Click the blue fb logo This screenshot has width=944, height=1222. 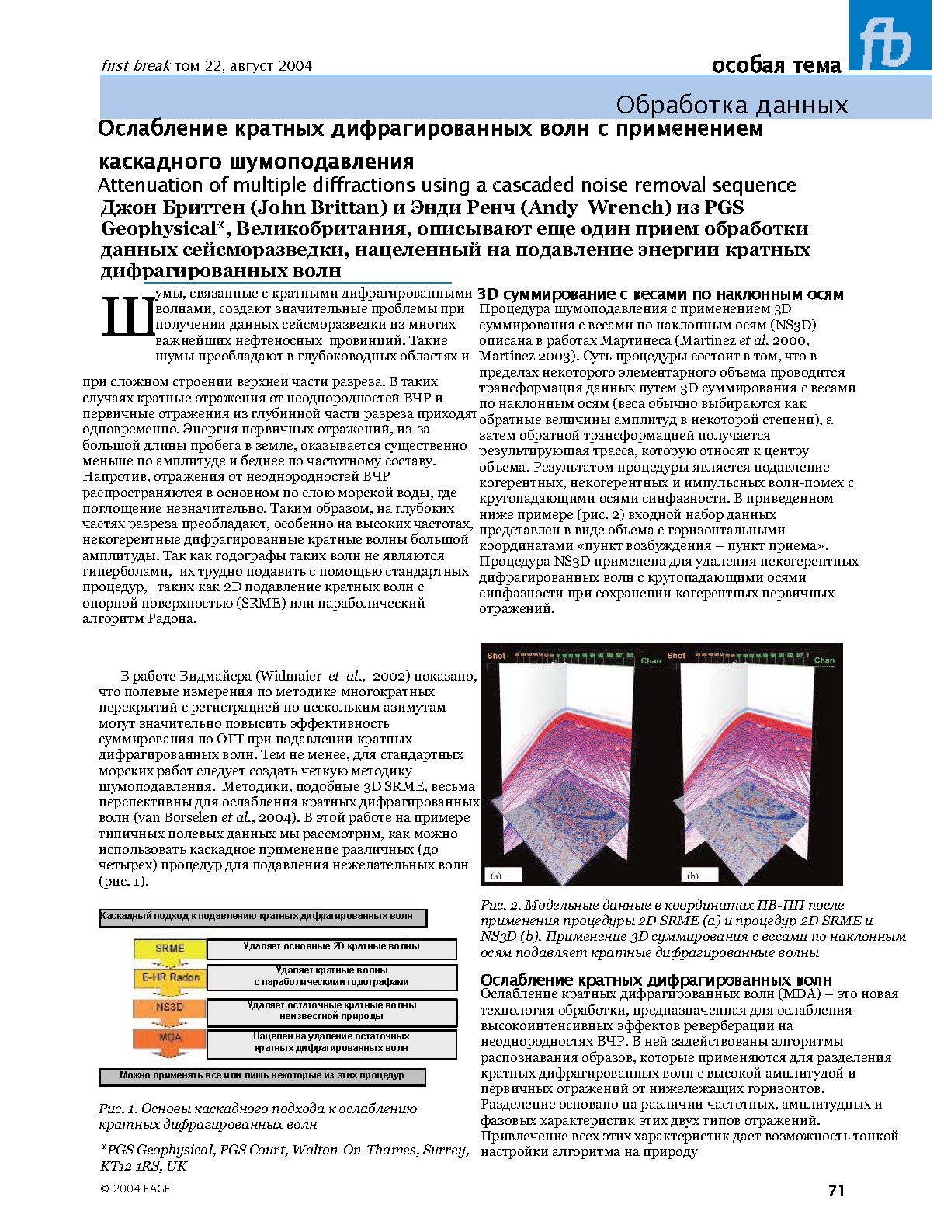coord(890,37)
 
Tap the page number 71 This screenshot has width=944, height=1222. coord(836,1190)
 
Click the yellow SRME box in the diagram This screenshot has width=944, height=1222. coord(170,949)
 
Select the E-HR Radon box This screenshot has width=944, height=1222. coord(170,977)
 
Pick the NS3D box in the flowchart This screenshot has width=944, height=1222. coord(170,1007)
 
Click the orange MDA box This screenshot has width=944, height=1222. coord(170,1037)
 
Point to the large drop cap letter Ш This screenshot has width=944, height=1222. coord(127,318)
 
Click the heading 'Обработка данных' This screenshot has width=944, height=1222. coord(731,105)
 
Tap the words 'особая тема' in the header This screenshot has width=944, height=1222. coord(776,66)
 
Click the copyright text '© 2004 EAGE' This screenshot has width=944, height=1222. coord(135,1189)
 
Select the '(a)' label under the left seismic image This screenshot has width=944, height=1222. coord(495,876)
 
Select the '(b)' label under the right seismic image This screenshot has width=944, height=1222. coord(692,876)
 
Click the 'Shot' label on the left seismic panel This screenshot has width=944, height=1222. coord(496,656)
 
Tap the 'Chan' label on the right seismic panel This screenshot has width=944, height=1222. coord(824,660)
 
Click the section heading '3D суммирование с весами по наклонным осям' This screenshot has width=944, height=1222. coord(661,294)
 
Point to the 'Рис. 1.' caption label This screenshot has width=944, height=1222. coord(118,1109)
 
